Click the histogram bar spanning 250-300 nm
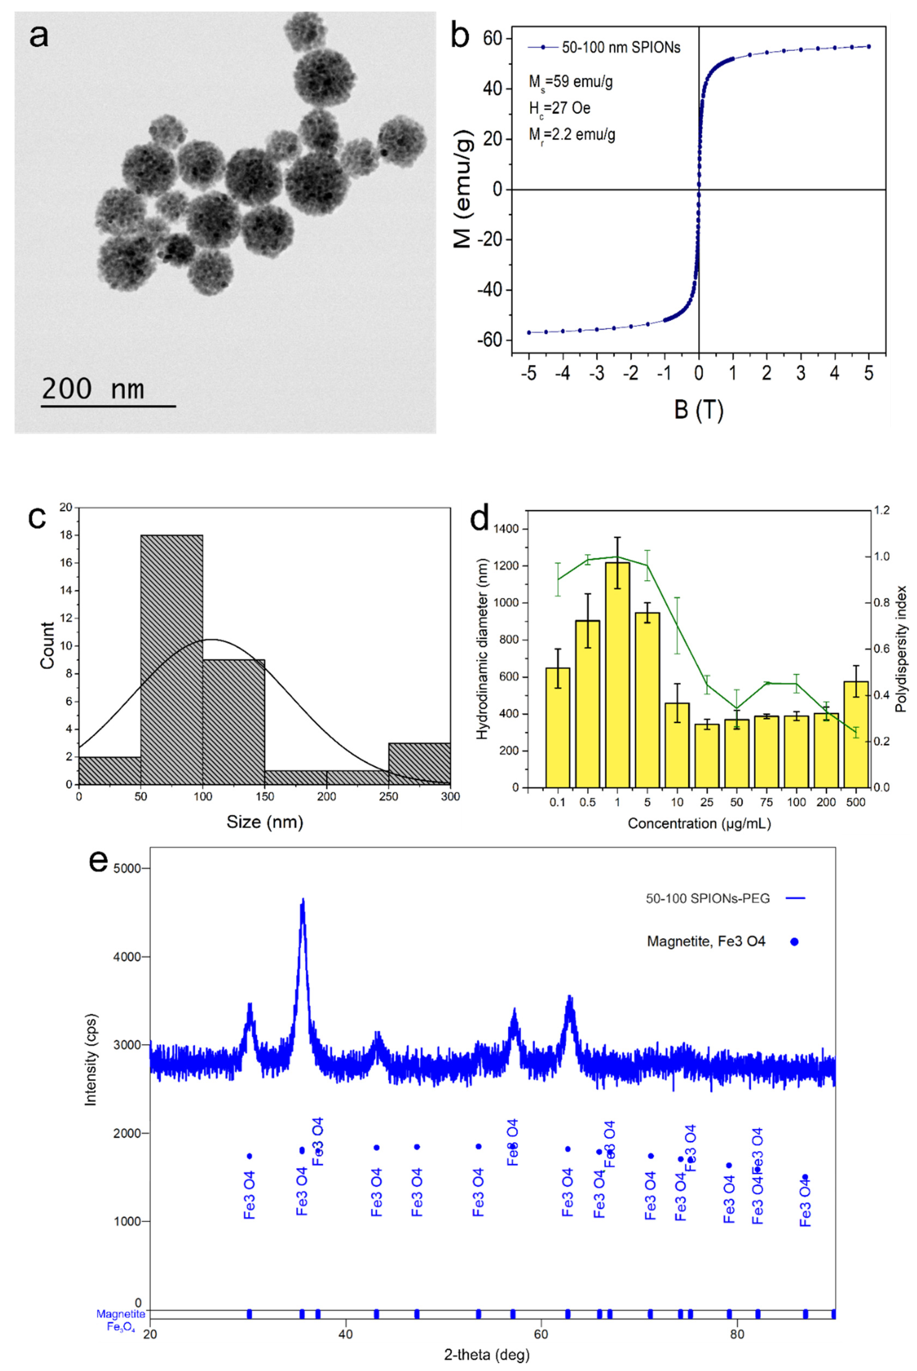pyautogui.click(x=419, y=764)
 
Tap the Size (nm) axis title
pyautogui.click(x=265, y=822)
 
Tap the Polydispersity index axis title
pyautogui.click(x=901, y=648)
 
